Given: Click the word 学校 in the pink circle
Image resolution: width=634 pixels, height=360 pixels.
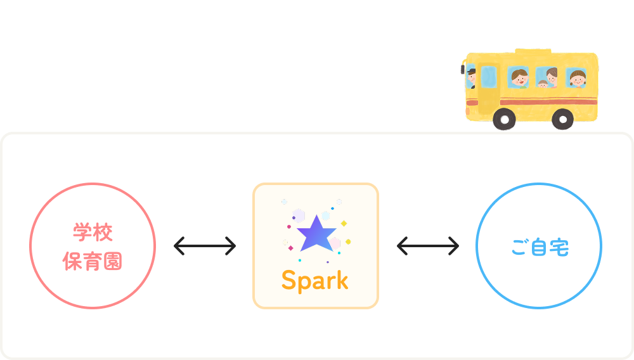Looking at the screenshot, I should pyautogui.click(x=93, y=233).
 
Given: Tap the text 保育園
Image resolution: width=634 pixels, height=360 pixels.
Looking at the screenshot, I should pyautogui.click(x=93, y=260).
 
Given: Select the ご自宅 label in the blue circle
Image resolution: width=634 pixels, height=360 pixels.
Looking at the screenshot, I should pyautogui.click(x=540, y=247).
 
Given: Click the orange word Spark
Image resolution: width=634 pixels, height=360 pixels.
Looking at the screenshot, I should pyautogui.click(x=315, y=280).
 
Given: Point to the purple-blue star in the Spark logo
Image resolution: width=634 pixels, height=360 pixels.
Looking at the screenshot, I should pyautogui.click(x=316, y=233).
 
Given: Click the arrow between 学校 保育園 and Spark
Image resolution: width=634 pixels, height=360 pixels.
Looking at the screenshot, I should pyautogui.click(x=204, y=246).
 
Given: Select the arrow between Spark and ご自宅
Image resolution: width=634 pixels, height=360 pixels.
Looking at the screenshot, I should pyautogui.click(x=428, y=246).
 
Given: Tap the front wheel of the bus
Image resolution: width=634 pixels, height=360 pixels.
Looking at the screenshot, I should pyautogui.click(x=504, y=119).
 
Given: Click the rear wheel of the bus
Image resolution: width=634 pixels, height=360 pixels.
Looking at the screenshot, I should pyautogui.click(x=562, y=119).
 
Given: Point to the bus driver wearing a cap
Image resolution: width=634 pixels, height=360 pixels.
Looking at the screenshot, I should pyautogui.click(x=471, y=77).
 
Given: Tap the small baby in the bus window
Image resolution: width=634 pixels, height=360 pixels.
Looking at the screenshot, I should pyautogui.click(x=543, y=84).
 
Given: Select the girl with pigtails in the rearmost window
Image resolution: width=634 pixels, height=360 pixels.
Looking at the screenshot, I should pyautogui.click(x=577, y=79).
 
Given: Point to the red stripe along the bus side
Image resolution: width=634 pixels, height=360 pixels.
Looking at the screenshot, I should pyautogui.click(x=548, y=101).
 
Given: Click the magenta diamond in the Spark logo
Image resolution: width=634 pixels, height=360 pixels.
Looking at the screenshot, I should pyautogui.click(x=291, y=248).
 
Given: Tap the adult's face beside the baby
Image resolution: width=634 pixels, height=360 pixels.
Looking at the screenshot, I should pyautogui.click(x=552, y=77).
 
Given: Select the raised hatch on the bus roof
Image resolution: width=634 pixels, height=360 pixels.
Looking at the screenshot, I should pyautogui.click(x=533, y=50).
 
